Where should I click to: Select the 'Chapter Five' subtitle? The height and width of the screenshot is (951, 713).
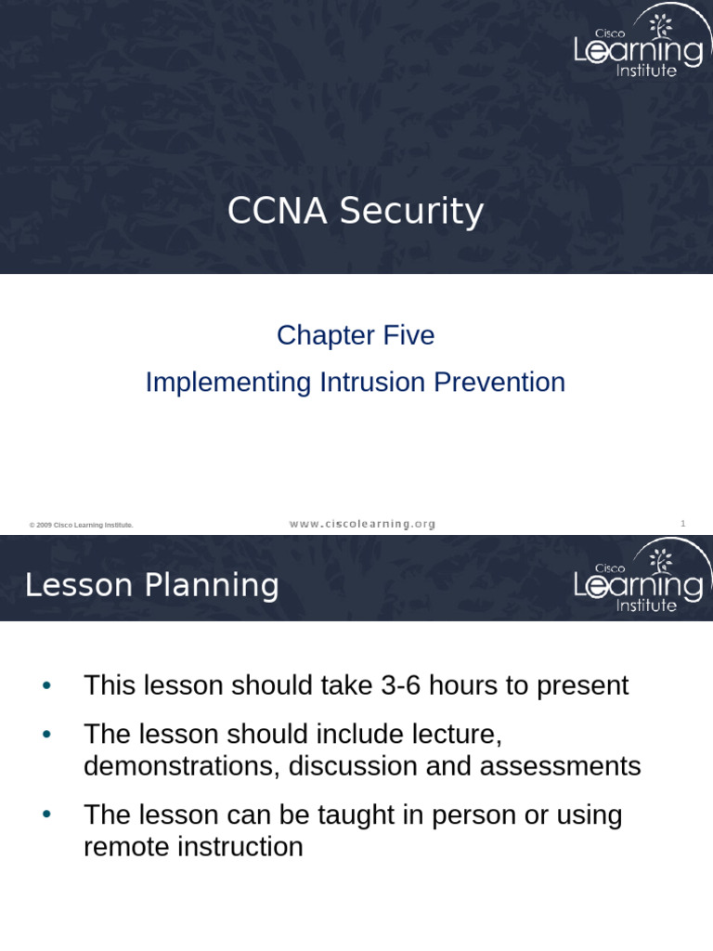pyautogui.click(x=356, y=335)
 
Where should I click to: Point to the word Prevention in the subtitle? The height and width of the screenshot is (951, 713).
pyautogui.click(x=501, y=383)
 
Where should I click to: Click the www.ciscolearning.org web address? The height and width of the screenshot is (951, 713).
pyautogui.click(x=362, y=524)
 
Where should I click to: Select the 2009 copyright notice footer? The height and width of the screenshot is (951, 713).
pyautogui.click(x=81, y=526)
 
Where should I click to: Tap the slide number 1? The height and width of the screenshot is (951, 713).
pyautogui.click(x=682, y=524)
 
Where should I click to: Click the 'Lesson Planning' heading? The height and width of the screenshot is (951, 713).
pyautogui.click(x=151, y=585)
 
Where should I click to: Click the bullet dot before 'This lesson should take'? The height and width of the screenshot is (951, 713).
pyautogui.click(x=47, y=686)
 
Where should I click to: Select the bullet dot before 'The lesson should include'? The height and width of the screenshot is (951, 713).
pyautogui.click(x=47, y=735)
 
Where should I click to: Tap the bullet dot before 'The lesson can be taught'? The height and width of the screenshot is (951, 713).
pyautogui.click(x=47, y=815)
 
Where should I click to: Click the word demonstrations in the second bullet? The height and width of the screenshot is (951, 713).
pyautogui.click(x=182, y=766)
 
